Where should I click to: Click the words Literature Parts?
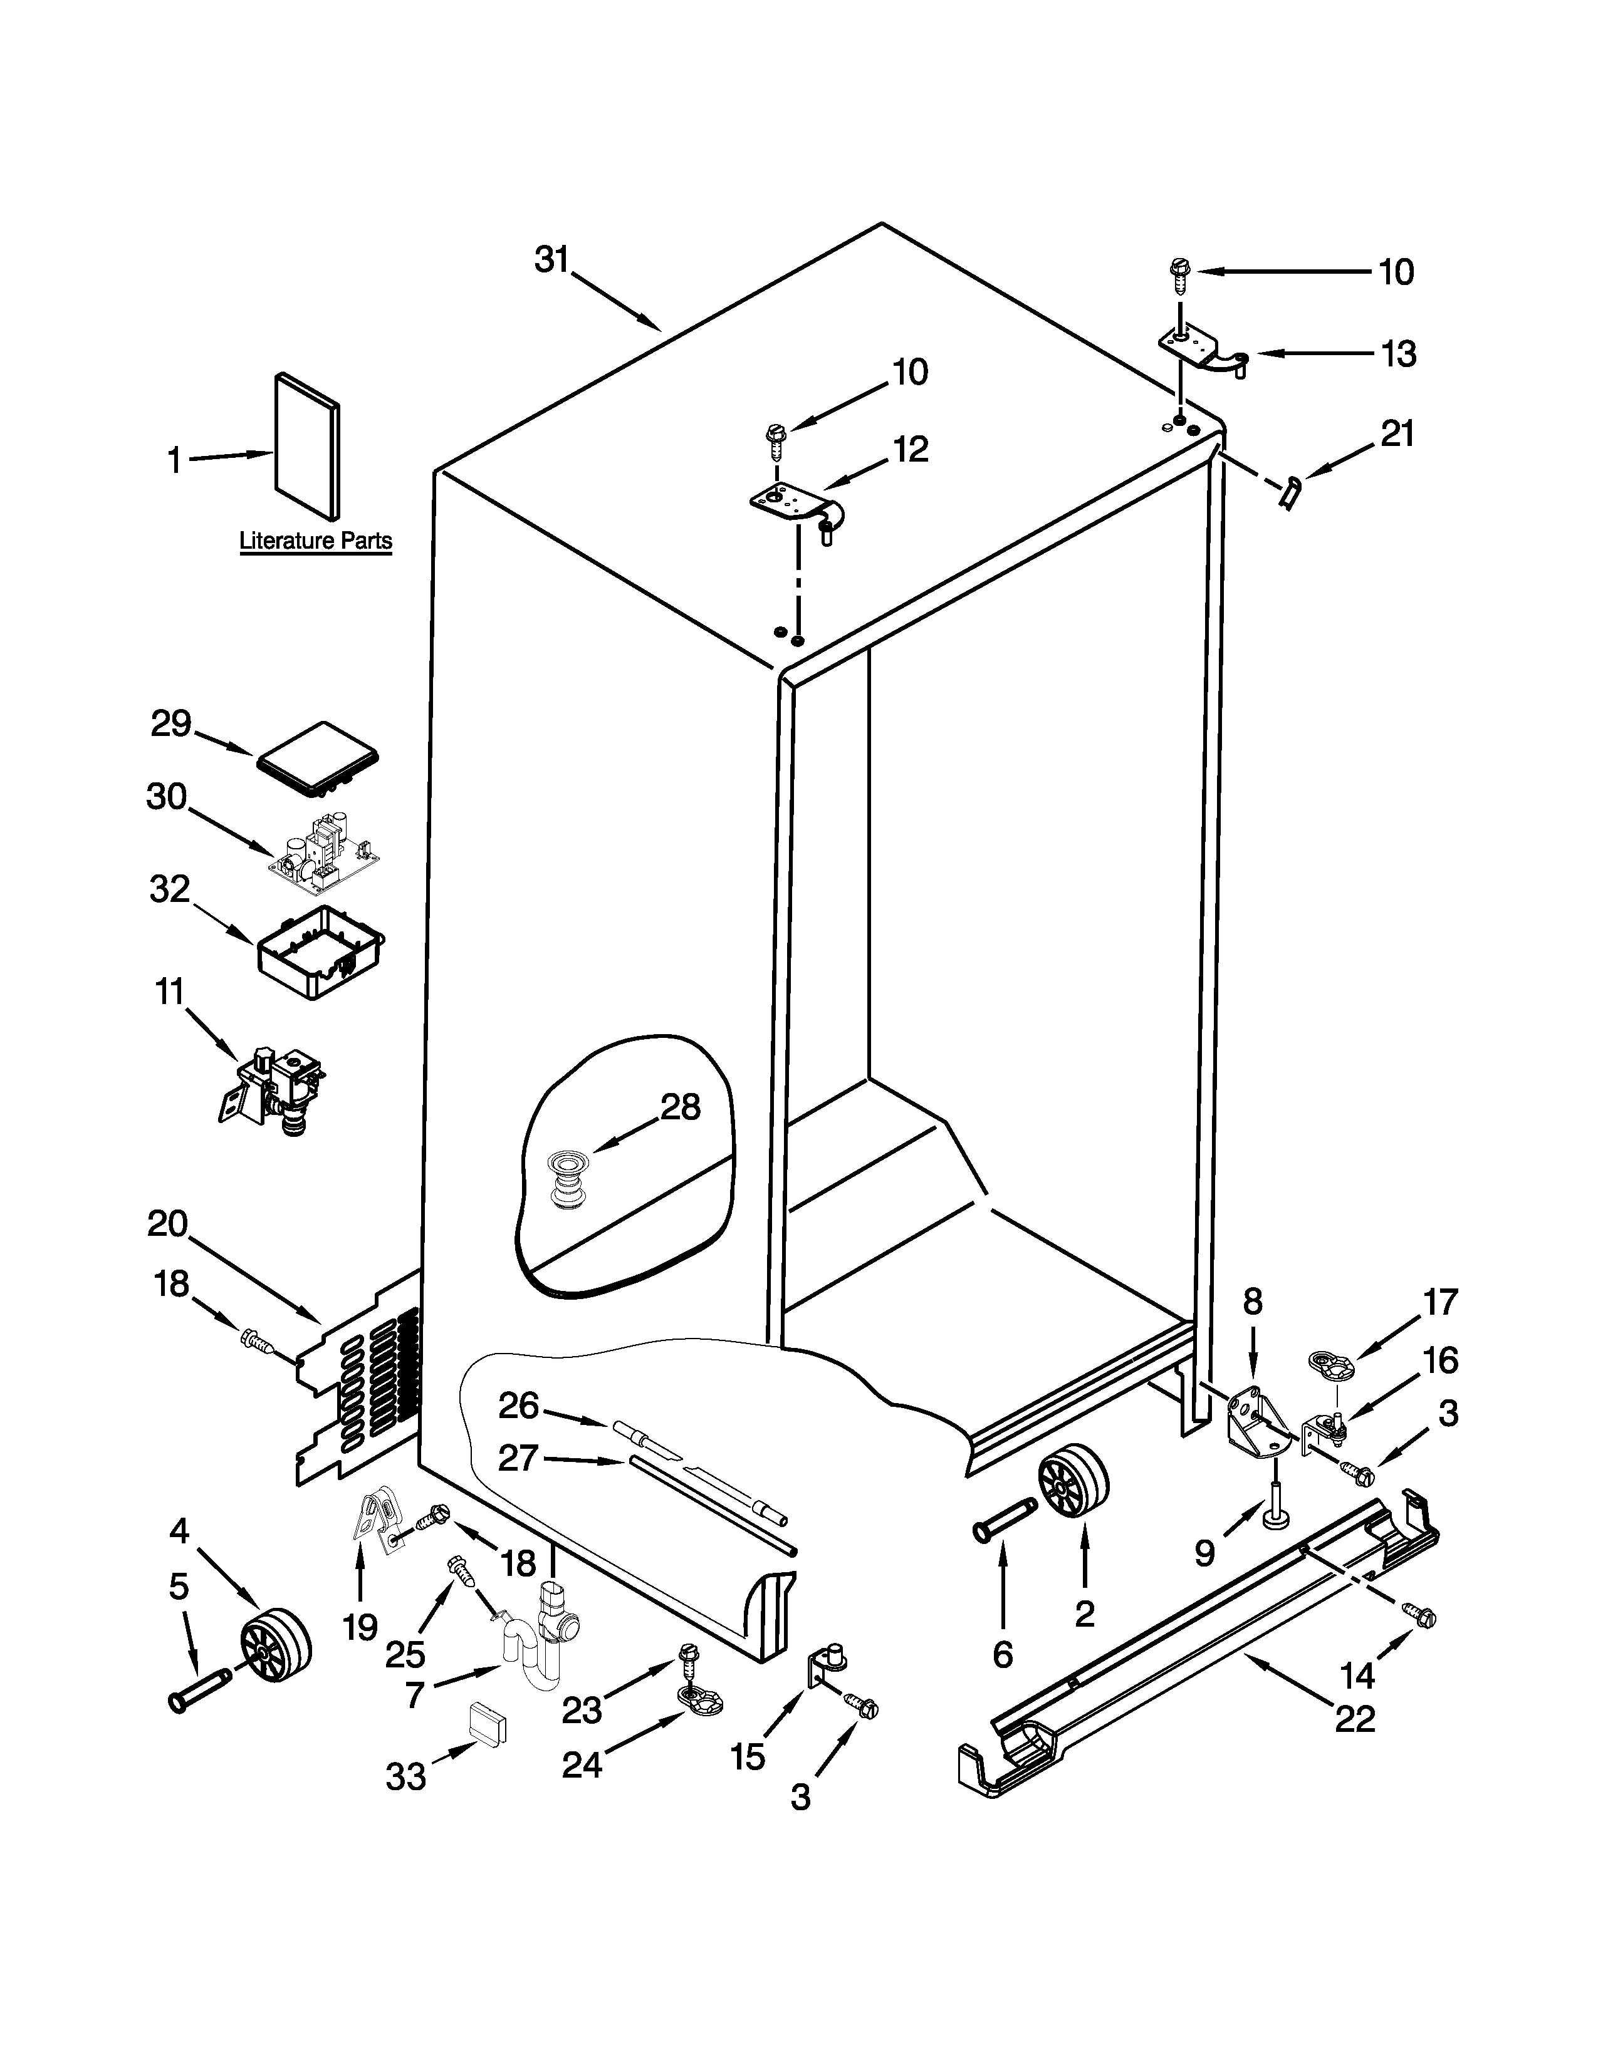pyautogui.click(x=315, y=541)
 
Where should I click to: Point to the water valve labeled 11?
pyautogui.click(x=273, y=1087)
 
